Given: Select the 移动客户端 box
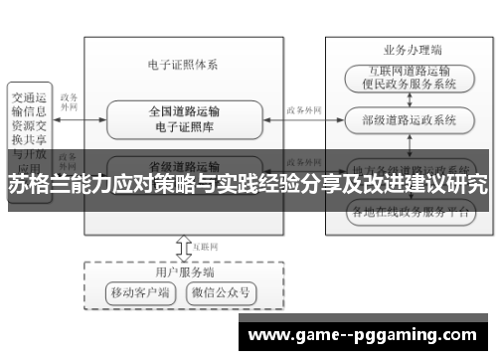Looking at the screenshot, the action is point(140,293).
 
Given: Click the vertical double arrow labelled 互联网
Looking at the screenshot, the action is point(182,245).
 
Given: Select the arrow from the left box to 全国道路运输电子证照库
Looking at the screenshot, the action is point(80,119).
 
